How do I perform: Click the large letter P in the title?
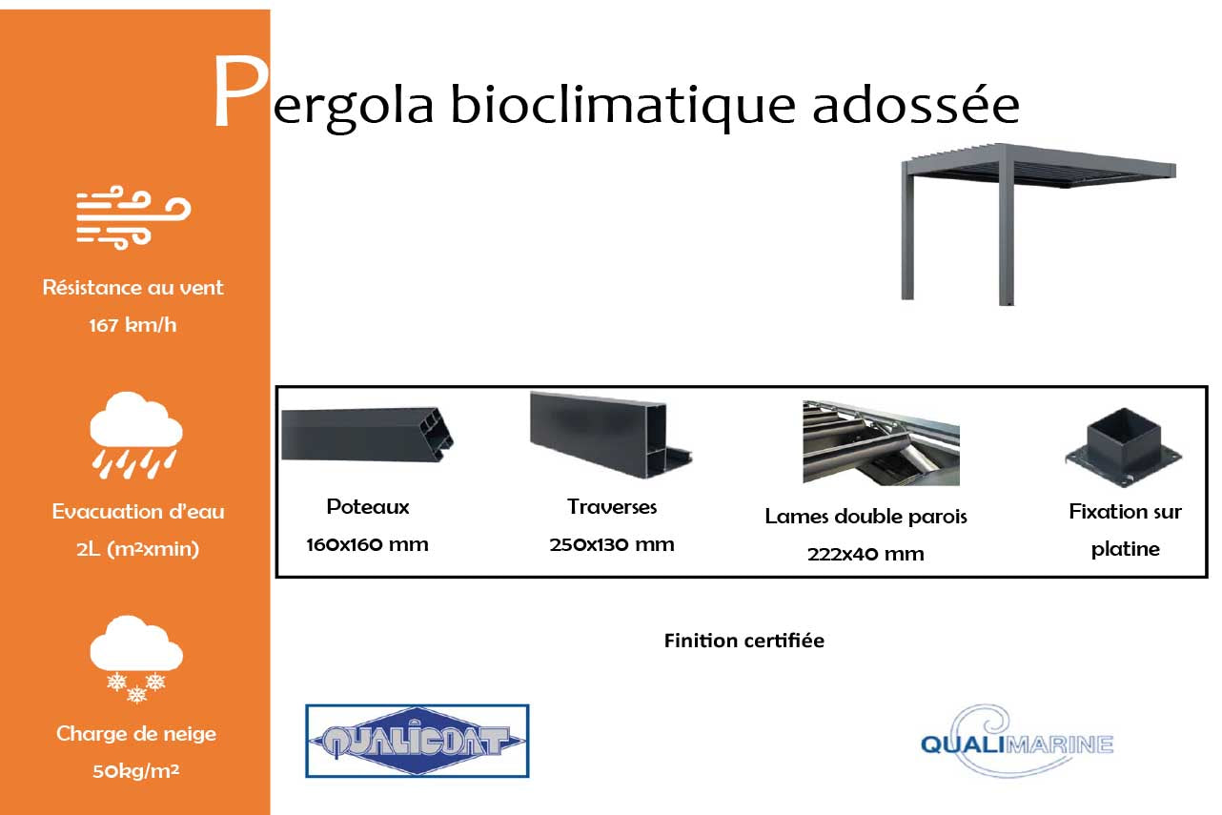click(x=239, y=94)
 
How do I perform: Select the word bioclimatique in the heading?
click(x=621, y=107)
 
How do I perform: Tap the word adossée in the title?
click(x=915, y=105)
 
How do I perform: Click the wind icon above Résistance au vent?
click(x=133, y=218)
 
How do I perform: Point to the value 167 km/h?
click(x=132, y=325)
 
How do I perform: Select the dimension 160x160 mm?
click(x=367, y=545)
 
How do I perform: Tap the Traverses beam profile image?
click(x=611, y=434)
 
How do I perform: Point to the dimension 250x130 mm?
click(x=611, y=545)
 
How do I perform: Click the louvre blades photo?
click(x=881, y=443)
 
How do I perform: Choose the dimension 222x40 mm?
click(x=866, y=554)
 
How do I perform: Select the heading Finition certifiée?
click(x=743, y=641)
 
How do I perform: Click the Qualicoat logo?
click(x=417, y=741)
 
